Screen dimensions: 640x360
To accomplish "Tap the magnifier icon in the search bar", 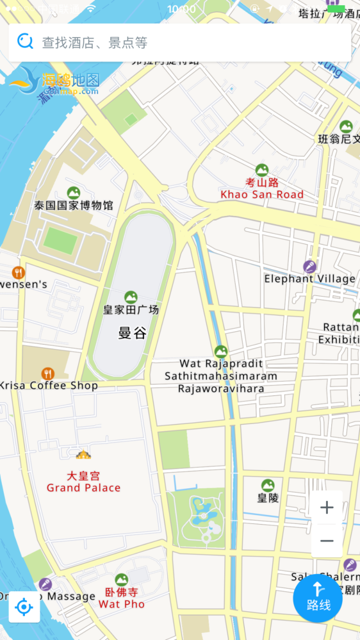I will [25, 42].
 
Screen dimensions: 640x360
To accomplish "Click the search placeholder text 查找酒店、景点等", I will [95, 43].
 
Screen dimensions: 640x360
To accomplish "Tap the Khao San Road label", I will [262, 195].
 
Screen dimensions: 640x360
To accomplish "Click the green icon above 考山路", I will [262, 170].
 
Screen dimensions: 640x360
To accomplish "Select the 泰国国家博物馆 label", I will [74, 206].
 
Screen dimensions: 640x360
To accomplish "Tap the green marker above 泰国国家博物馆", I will [74, 192].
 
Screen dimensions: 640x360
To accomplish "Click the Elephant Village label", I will [309, 279].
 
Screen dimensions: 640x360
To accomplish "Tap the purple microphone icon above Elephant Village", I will [309, 266].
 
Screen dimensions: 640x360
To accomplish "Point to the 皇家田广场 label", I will [131, 310].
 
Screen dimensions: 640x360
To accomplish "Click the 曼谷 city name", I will [131, 332].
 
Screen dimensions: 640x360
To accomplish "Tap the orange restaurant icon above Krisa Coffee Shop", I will [47, 373].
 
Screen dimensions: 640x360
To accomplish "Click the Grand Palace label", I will [83, 488].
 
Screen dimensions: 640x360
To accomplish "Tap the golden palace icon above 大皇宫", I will [83, 455].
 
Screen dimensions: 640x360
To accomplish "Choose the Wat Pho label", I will [121, 604].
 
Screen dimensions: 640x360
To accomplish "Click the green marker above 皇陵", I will [268, 486].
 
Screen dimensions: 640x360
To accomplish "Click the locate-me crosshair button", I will [24, 607].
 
